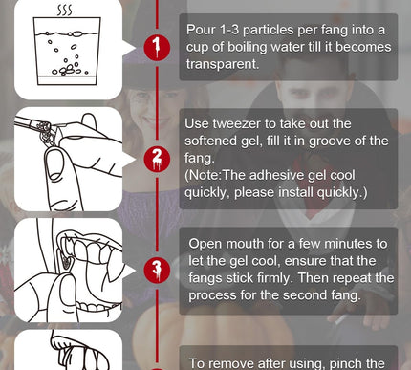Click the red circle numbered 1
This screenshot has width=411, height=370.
coord(157,46)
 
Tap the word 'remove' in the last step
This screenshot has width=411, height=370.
coord(234,363)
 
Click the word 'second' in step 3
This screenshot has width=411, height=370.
coord(299,295)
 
